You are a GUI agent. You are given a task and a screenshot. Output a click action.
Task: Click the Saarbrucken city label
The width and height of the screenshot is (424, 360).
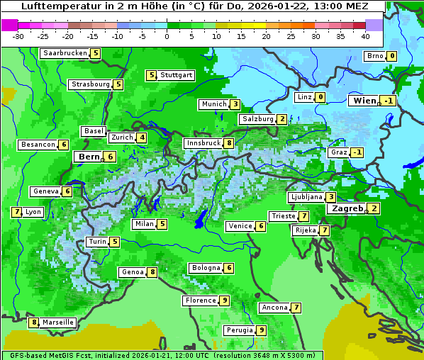65,53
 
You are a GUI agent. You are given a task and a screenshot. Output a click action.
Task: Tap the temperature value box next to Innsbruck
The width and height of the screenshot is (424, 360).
229,143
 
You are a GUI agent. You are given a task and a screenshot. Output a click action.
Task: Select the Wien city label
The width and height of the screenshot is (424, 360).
364,101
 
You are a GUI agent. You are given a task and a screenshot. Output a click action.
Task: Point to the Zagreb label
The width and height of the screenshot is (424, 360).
347,208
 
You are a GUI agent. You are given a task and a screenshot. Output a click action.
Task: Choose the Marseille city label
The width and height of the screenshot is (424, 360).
58,322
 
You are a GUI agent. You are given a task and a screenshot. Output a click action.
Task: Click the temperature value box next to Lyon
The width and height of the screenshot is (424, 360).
16,212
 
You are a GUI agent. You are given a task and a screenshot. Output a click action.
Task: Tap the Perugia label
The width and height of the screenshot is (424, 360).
239,330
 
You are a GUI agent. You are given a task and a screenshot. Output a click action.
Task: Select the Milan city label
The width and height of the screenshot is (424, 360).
144,225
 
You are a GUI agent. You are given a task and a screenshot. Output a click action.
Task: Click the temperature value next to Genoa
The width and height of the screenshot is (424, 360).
152,272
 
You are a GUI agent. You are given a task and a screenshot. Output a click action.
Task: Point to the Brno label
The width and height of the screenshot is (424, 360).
374,56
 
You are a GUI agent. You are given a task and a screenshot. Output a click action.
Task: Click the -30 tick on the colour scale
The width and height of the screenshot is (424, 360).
18,36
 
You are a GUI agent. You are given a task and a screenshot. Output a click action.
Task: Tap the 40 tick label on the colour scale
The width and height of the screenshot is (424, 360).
365,36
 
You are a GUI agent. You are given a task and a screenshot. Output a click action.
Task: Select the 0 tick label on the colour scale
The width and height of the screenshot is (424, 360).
167,36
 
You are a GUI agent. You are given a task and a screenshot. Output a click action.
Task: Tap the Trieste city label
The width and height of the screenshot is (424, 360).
283,216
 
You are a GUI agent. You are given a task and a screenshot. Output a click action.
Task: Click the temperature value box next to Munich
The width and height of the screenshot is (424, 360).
235,104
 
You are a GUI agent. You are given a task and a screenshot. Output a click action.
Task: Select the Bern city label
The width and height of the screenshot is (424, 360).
89,157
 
